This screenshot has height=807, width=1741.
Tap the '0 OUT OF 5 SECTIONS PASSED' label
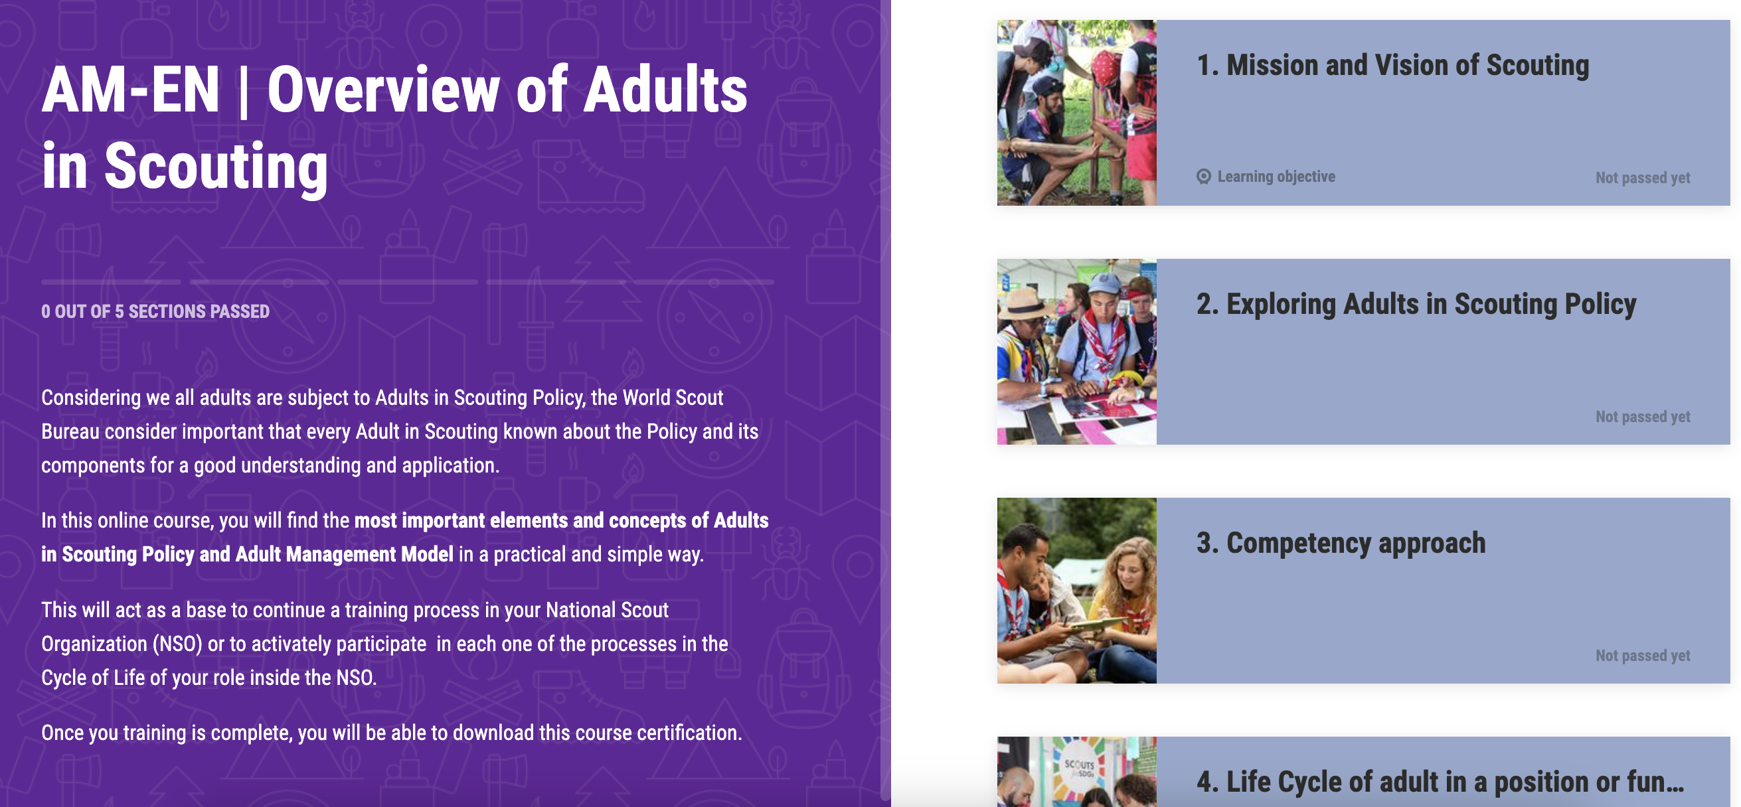coord(155,311)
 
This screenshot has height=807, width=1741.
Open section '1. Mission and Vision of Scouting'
coord(1392,66)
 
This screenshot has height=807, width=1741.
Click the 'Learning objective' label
coord(1276,177)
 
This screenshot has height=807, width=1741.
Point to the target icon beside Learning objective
coord(1204,177)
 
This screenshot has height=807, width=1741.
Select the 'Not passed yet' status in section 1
coord(1642,178)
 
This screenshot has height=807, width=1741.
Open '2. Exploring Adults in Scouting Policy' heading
coord(1416,305)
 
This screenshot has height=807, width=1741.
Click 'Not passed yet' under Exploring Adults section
coord(1642,417)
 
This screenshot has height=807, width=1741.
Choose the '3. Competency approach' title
coord(1341,543)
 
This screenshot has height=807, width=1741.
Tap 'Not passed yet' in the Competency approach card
coord(1642,655)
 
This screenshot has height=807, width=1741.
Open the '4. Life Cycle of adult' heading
coord(1440,782)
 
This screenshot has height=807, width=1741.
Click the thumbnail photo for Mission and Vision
coord(1076,113)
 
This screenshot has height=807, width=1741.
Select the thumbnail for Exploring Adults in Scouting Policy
coord(1076,351)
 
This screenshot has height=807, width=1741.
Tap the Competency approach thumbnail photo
coord(1076,590)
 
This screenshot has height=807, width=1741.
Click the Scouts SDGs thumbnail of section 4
coord(1076,772)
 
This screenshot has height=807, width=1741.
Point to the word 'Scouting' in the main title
coord(216,166)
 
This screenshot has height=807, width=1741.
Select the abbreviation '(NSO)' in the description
coord(178,644)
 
